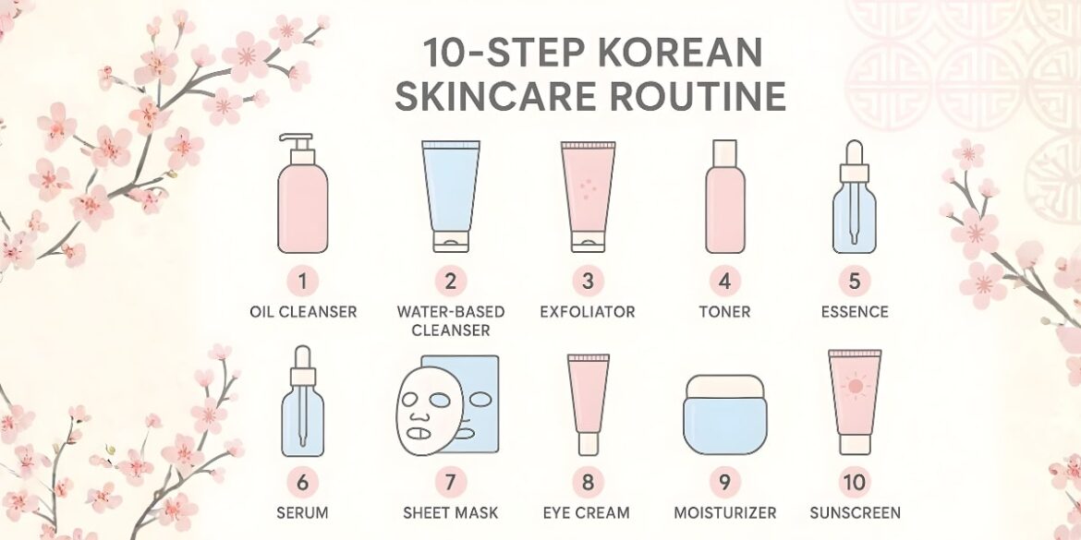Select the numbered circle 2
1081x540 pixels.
pos(450,280)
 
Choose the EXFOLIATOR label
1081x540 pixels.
pos(588,312)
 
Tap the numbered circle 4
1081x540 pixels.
pos(724,280)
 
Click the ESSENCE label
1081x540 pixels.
pos(856,312)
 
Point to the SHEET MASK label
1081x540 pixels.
pos(450,512)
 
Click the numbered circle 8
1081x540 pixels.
pos(588,481)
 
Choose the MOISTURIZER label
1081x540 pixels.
pos(724,512)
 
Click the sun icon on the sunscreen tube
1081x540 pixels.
pos(855,386)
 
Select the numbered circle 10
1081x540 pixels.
pos(856,481)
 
